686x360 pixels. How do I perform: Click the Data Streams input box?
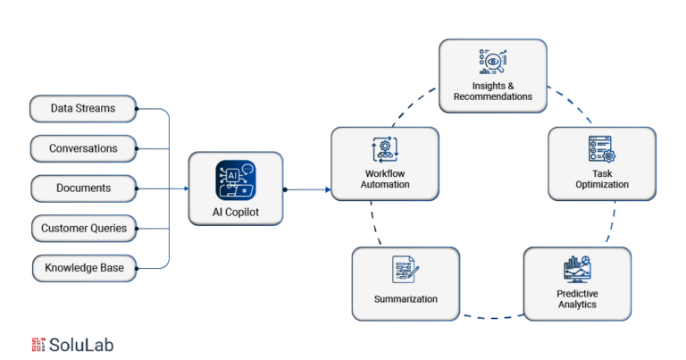coord(83,108)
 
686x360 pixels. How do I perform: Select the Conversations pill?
coord(83,148)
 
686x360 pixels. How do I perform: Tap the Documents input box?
coord(84,188)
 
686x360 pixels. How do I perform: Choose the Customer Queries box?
coord(84,229)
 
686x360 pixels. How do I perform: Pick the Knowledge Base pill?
coord(85,268)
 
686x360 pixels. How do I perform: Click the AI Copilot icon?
coord(236,180)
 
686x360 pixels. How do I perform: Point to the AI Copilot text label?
coord(236,212)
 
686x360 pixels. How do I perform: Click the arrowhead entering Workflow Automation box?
coord(328,189)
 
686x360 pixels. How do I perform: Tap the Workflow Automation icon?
coord(385,149)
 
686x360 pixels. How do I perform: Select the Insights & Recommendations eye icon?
coord(493,62)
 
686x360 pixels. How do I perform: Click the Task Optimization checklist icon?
coord(602,149)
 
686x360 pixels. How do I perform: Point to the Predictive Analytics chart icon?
coord(578,270)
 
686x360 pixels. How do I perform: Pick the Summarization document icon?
coord(406,270)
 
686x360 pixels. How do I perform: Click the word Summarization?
coord(406,299)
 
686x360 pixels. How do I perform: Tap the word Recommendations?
coord(493,96)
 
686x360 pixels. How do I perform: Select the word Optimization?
coord(602,185)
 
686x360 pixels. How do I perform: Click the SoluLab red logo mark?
coord(38,345)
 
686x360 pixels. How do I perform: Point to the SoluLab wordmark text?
coord(81,345)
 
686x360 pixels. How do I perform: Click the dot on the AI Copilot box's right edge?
coord(285,189)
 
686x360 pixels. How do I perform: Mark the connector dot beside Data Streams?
coord(137,109)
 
